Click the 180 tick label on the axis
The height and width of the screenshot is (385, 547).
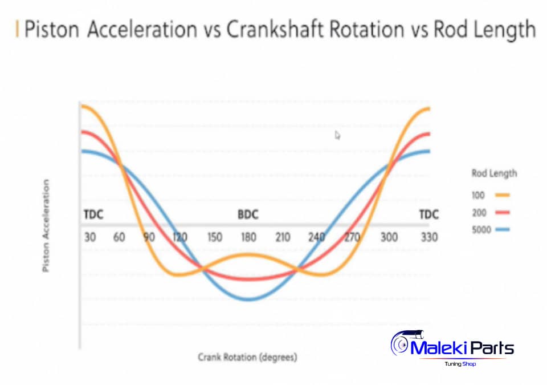click(x=248, y=237)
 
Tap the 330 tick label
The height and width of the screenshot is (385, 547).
click(x=429, y=237)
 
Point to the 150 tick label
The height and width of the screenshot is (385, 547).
click(x=215, y=237)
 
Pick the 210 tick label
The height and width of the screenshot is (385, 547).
click(x=283, y=237)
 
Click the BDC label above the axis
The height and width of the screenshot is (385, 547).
click(x=248, y=215)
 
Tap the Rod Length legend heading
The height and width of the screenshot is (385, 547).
click(x=494, y=173)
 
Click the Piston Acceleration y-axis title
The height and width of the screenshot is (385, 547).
click(x=46, y=226)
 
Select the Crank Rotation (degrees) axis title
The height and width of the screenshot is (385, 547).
click(x=247, y=358)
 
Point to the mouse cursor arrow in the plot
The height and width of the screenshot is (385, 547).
click(x=337, y=135)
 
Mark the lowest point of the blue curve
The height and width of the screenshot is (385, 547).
click(x=247, y=299)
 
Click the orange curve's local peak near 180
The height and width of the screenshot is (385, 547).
click(x=247, y=254)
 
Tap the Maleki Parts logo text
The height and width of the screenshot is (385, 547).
click(x=462, y=347)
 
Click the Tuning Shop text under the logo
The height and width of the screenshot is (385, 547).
click(x=460, y=363)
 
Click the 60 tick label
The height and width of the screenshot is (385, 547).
click(x=120, y=237)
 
